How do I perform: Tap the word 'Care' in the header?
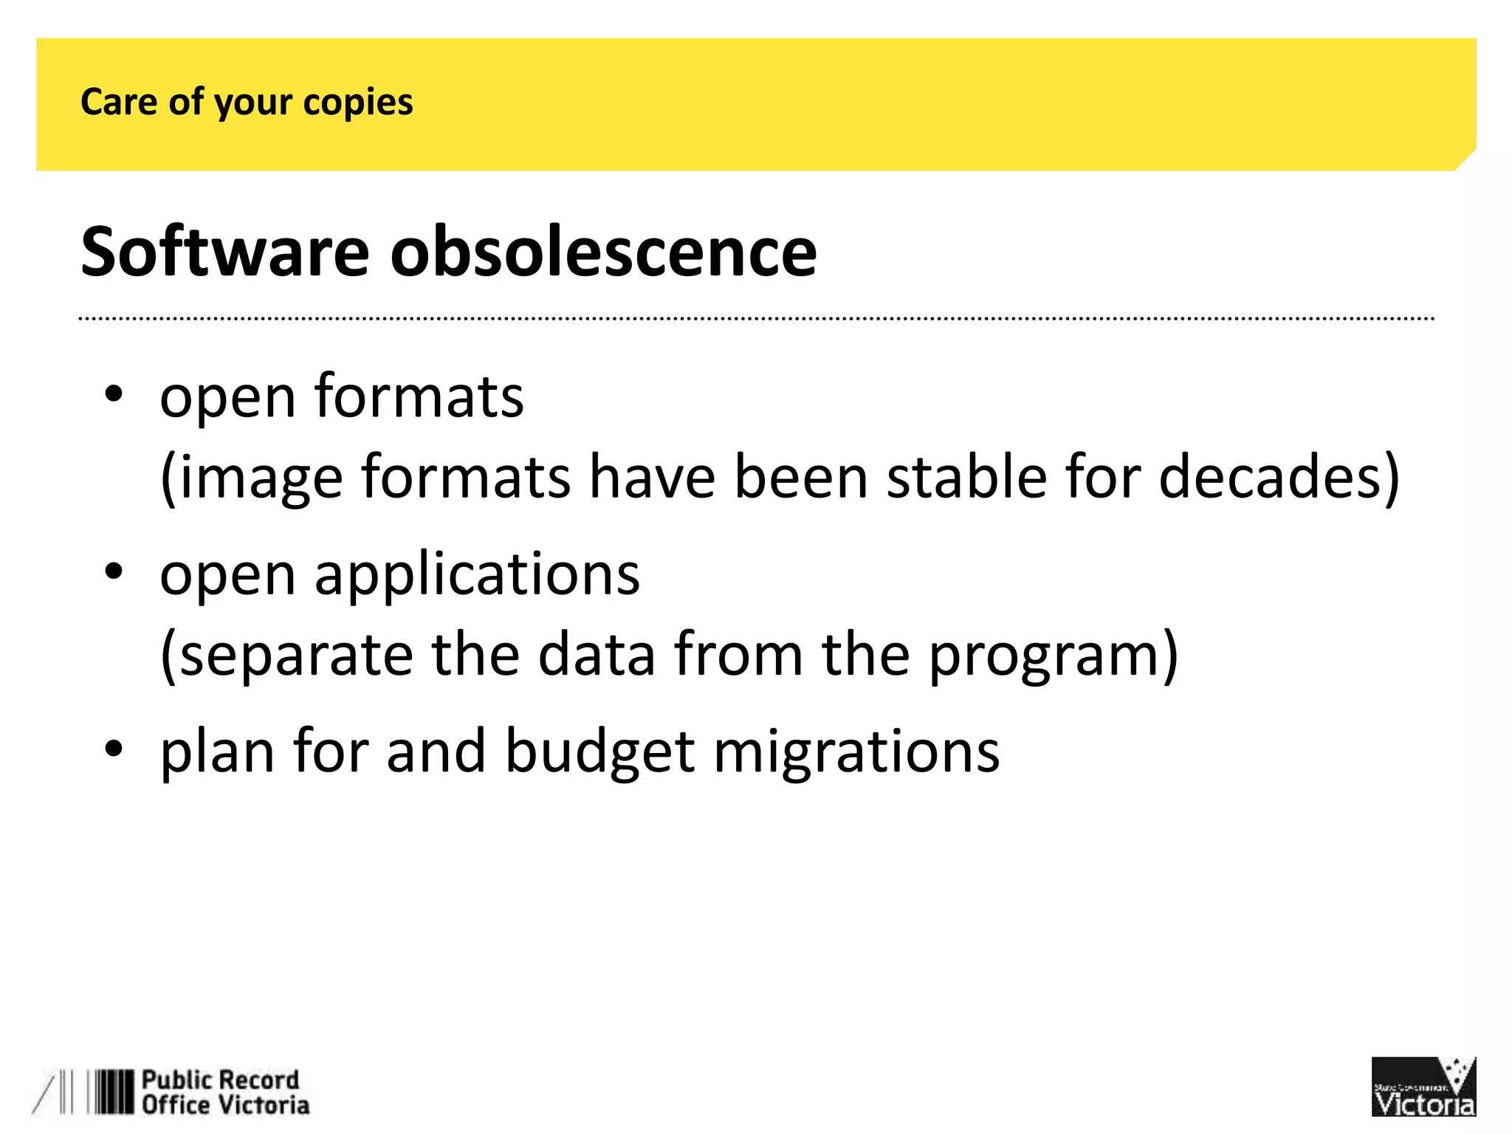coord(119,101)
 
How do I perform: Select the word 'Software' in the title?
coord(224,252)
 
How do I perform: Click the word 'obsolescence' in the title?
coord(603,252)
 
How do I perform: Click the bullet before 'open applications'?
coord(113,572)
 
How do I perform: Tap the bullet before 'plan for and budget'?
coord(113,749)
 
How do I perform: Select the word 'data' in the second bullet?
coord(597,655)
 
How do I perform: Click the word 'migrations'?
coord(856,752)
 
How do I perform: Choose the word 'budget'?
coord(599,752)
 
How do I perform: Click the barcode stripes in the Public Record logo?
coord(111,1092)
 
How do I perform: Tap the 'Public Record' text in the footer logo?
coord(220,1080)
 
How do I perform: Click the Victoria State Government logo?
coord(1423,1087)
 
